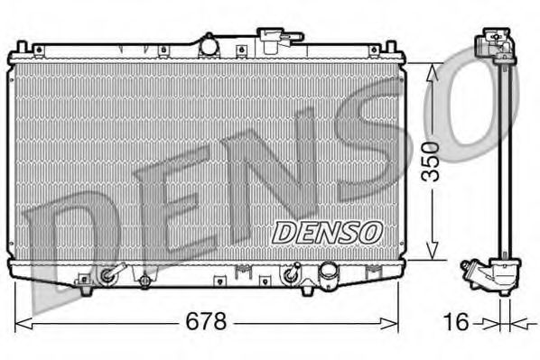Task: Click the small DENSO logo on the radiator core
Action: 329,232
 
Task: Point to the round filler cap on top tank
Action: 209,43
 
